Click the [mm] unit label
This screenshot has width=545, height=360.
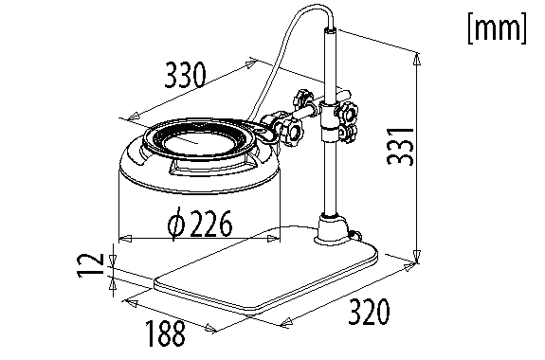[x=497, y=28]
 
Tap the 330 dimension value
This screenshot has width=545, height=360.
[x=185, y=75]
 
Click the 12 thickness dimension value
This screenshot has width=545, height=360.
[x=90, y=265]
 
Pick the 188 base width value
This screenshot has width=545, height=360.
[x=165, y=333]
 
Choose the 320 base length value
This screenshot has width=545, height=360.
[x=369, y=312]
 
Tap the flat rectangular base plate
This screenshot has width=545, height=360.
[x=266, y=270]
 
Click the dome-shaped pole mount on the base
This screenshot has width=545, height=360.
[x=332, y=230]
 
